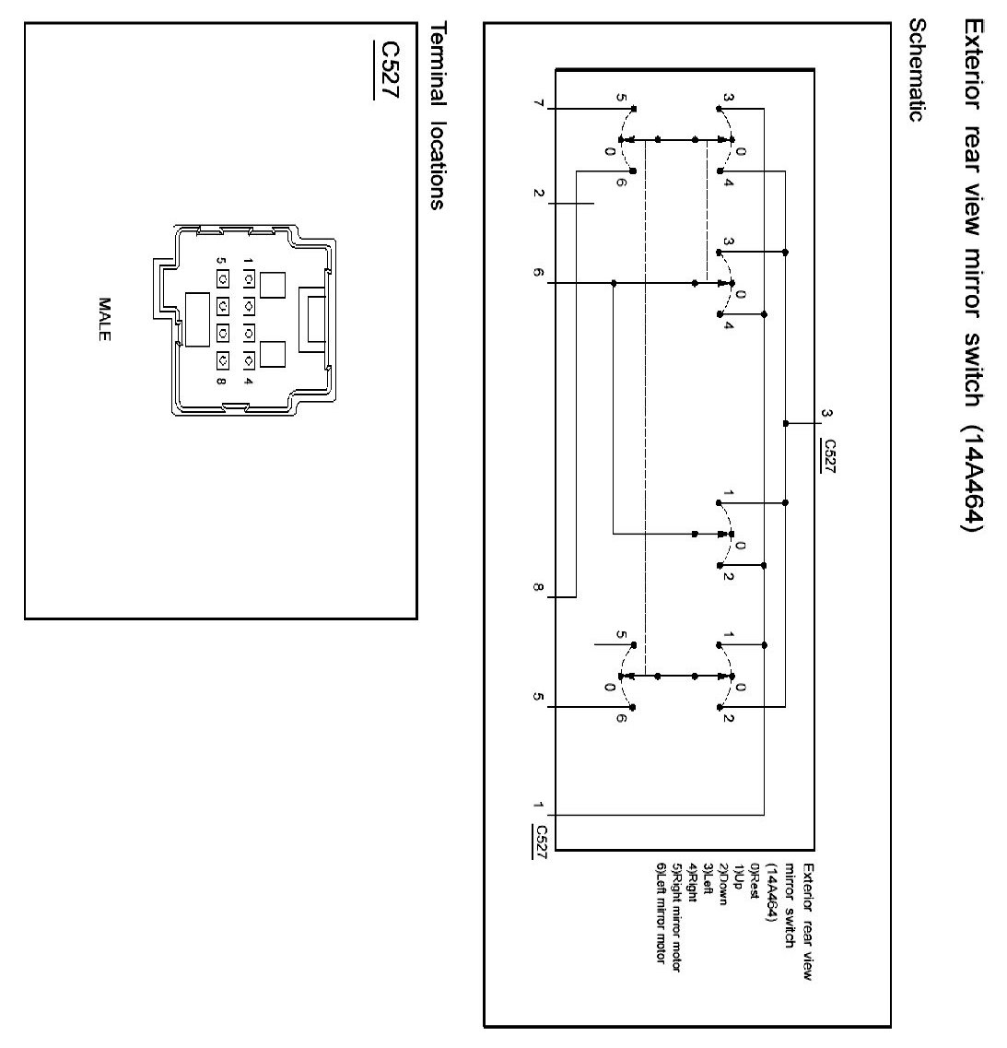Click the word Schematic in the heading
coord(917,70)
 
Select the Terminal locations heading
coord(438,115)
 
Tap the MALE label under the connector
coord(104,320)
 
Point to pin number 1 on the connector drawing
coord(249,261)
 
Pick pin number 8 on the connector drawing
coord(221,382)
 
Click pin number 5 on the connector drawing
coord(221,261)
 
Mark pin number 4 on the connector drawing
coord(249,382)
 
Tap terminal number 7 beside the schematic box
coord(539,103)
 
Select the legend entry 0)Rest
coord(755,881)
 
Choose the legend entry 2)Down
coord(723,884)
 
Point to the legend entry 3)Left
coord(708,879)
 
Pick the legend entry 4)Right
coord(692,883)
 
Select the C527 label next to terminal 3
coord(829,456)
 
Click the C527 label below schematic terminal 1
coord(540,842)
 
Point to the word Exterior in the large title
coord(972,65)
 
